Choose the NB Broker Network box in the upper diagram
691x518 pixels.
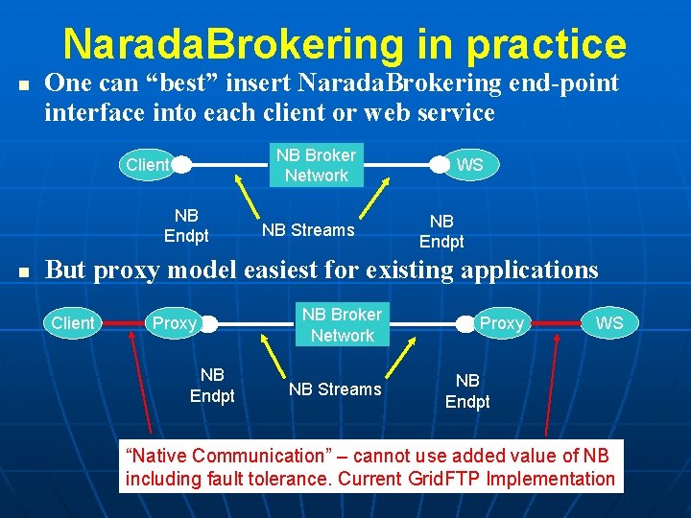316,165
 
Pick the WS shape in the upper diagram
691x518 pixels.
467,165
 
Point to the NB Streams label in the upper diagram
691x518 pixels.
308,230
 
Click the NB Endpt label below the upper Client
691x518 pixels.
186,225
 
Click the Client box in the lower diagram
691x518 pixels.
73,323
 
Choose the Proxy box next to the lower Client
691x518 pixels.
176,323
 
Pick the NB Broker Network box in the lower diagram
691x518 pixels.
342,325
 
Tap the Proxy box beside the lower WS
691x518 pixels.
501,324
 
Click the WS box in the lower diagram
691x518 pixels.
608,323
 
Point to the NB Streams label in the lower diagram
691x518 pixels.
335,389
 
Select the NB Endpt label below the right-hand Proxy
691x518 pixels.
467,391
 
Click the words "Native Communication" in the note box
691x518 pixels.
226,457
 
